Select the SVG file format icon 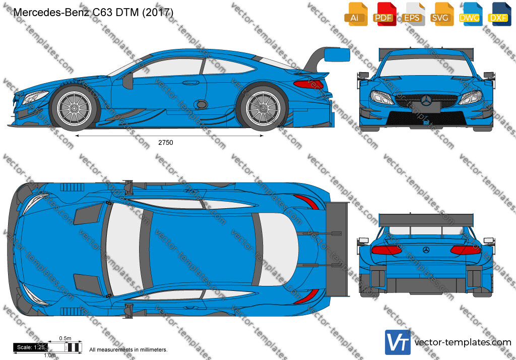pyautogui.click(x=441, y=14)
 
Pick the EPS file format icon pyautogui.click(x=413, y=14)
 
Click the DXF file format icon pyautogui.click(x=499, y=14)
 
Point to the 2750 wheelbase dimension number pyautogui.click(x=165, y=143)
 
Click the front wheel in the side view pyautogui.click(x=74, y=107)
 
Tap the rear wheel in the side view pyautogui.click(x=263, y=108)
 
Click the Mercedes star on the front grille pyautogui.click(x=426, y=100)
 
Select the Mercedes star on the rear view pyautogui.click(x=426, y=250)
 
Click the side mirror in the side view pyautogui.click(x=128, y=81)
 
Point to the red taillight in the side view pyautogui.click(x=309, y=84)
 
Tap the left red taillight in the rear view pyautogui.click(x=386, y=250)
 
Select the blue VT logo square pyautogui.click(x=398, y=342)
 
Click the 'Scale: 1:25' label pyautogui.click(x=31, y=347)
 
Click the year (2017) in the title pyautogui.click(x=158, y=12)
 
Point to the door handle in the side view pyautogui.click(x=190, y=83)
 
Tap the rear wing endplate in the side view pyautogui.click(x=337, y=54)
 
